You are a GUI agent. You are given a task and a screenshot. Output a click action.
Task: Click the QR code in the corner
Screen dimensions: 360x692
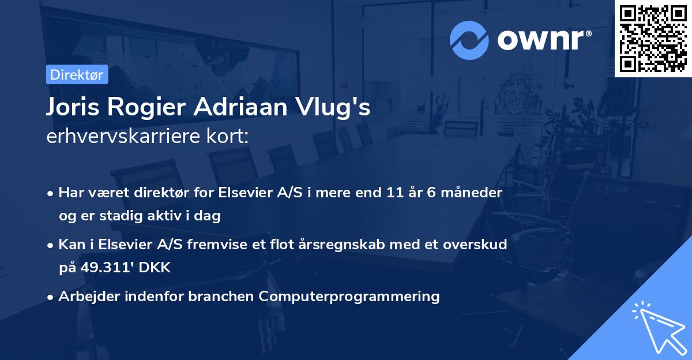coord(653,38)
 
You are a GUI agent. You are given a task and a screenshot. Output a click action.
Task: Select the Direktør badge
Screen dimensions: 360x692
coord(77,74)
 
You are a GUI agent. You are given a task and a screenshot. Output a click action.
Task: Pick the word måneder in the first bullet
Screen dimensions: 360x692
coord(473,193)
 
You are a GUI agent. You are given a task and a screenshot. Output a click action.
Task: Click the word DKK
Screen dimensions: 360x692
coord(157,268)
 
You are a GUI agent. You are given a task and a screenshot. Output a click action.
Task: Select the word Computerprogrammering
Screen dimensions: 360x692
coord(349,297)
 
